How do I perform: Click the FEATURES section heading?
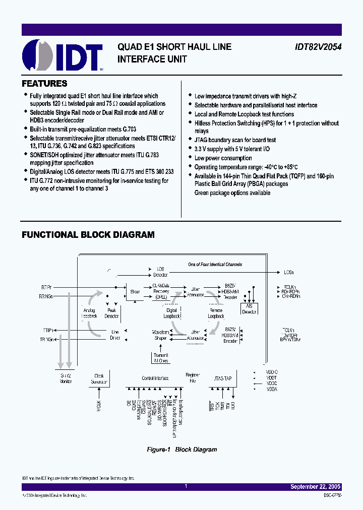tap(44, 84)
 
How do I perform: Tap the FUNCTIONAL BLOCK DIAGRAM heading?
tap(88, 235)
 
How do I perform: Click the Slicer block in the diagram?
tap(135, 291)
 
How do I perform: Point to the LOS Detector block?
tap(161, 272)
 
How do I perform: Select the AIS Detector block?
tap(249, 309)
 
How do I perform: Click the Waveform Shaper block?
tap(160, 335)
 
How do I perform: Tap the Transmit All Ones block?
tap(160, 358)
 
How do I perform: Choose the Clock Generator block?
tap(99, 378)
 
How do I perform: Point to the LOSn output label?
tap(288, 273)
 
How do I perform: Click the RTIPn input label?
tap(47, 287)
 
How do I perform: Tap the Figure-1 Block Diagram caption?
tap(181, 450)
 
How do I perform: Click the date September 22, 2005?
tap(316, 487)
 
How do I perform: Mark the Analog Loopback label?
tap(89, 313)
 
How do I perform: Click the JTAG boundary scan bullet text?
tap(235, 140)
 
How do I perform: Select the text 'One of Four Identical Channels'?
tap(215, 264)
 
